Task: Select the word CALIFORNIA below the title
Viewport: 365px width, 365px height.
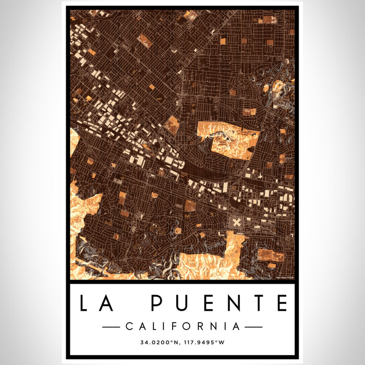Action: (182, 326)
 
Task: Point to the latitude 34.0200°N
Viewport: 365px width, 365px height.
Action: (159, 343)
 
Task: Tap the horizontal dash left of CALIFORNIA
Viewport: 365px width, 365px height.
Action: (111, 327)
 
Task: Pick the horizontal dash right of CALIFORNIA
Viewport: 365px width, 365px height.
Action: (253, 327)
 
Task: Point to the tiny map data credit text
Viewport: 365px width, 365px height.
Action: (285, 277)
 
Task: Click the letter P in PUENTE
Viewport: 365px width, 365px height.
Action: (158, 303)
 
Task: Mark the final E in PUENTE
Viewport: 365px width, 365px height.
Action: (282, 303)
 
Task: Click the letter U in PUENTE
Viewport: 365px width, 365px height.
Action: (182, 303)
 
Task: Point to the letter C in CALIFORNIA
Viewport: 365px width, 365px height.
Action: (129, 326)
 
